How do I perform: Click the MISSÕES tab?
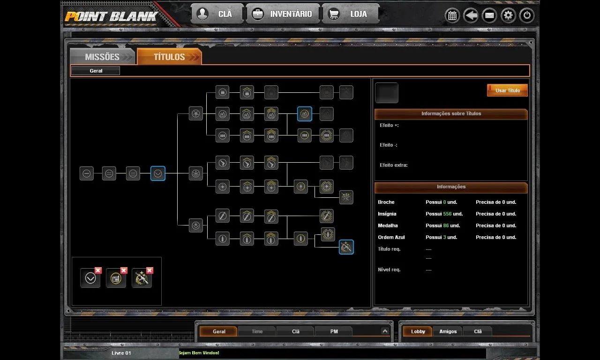[x=102, y=57]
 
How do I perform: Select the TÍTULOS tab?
[x=169, y=57]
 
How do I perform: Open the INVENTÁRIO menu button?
[x=283, y=14]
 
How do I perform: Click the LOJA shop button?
[x=350, y=14]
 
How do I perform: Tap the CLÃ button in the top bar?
[x=217, y=14]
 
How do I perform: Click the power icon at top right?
[x=526, y=15]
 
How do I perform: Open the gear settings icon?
[x=508, y=15]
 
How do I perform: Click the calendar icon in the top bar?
[x=452, y=15]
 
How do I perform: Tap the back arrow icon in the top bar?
[x=471, y=15]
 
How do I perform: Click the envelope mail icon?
[x=489, y=15]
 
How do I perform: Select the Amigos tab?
[x=448, y=331]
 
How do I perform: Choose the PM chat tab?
[x=334, y=331]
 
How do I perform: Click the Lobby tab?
[x=418, y=331]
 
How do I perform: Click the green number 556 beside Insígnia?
[x=447, y=214]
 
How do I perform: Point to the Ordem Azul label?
[x=391, y=237]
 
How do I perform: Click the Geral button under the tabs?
[x=96, y=71]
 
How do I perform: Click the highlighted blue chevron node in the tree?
[x=158, y=173]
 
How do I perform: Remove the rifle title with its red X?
[x=150, y=270]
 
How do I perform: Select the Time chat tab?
[x=257, y=331]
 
